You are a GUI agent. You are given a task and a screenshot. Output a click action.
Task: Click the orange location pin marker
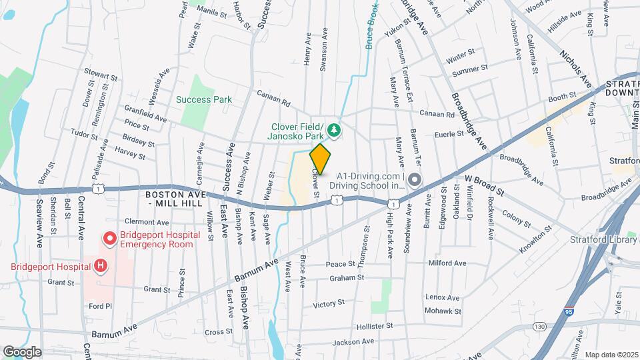pos(320,159)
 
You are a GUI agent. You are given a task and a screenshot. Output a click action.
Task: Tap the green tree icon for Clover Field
pos(335,129)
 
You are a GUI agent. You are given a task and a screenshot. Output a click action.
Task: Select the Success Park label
pos(204,100)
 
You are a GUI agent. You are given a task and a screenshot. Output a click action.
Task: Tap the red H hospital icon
pos(100,267)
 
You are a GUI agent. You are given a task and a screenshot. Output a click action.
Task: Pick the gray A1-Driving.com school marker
pos(414,180)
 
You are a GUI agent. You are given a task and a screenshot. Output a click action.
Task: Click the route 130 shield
pos(539,326)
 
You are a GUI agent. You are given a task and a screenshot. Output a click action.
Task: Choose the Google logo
pos(22,351)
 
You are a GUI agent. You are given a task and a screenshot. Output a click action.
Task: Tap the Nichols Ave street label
pos(575,68)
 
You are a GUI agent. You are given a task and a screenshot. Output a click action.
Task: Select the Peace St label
pos(343,265)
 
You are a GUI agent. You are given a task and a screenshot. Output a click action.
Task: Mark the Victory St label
pos(328,303)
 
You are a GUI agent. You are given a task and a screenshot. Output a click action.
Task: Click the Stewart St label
pos(100,75)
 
